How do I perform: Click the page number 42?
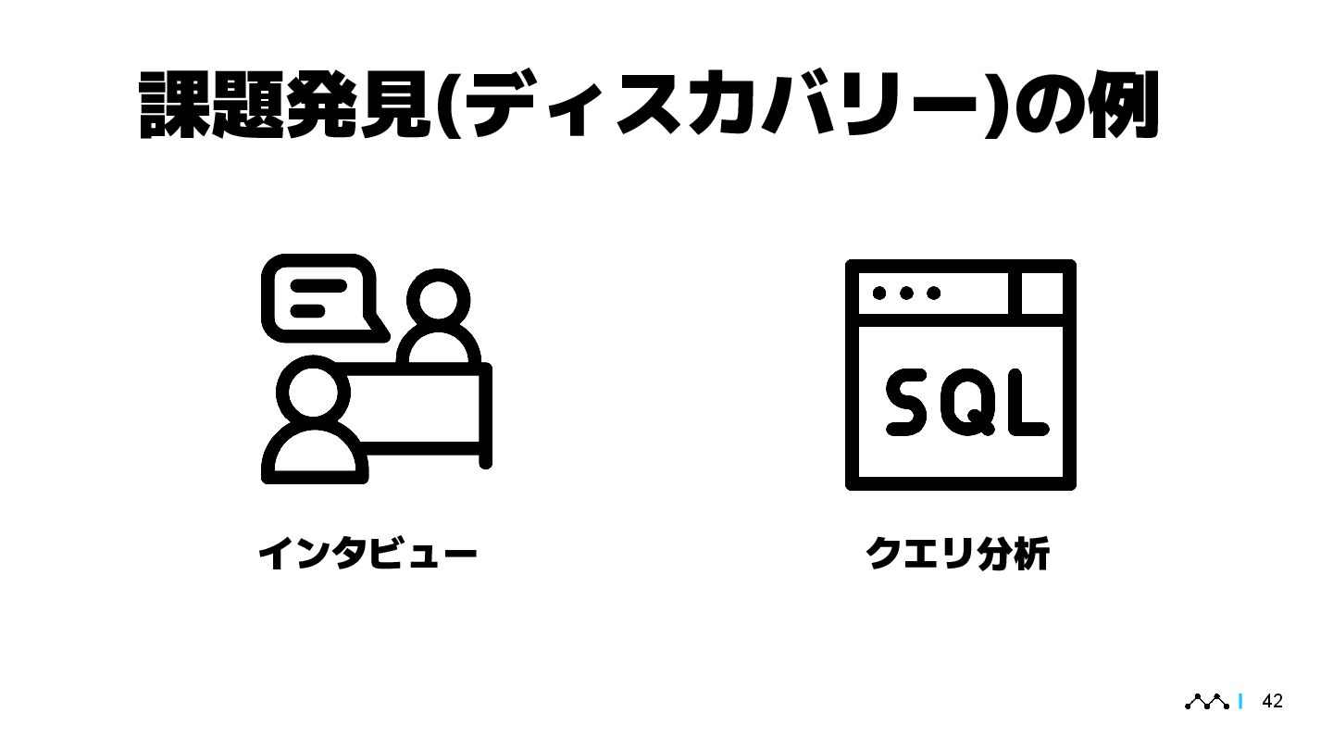pyautogui.click(x=1273, y=702)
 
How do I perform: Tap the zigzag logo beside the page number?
pyautogui.click(x=1207, y=703)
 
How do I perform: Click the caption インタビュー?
pyautogui.click(x=368, y=555)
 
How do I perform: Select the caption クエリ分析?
pyautogui.click(x=957, y=555)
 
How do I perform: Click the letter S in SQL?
pyautogui.click(x=912, y=402)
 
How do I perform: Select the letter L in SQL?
pyautogui.click(x=1025, y=404)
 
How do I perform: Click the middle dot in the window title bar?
pyautogui.click(x=906, y=293)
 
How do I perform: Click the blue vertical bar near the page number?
pyautogui.click(x=1240, y=703)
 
